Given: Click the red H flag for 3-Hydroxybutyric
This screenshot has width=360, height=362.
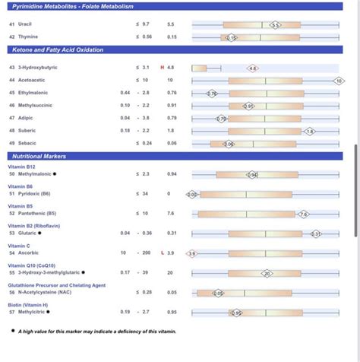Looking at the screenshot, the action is click(x=161, y=68).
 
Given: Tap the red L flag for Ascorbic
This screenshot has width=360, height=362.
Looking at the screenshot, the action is click(x=161, y=252).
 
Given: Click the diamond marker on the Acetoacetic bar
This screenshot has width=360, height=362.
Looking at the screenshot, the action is click(x=339, y=80).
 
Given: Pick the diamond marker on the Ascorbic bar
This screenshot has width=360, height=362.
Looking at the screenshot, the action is click(x=191, y=253).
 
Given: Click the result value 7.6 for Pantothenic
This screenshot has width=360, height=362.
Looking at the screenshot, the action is click(x=171, y=214).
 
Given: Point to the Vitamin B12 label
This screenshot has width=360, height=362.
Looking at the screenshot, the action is click(x=22, y=167).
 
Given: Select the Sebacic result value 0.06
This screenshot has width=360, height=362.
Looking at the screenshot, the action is click(x=172, y=143).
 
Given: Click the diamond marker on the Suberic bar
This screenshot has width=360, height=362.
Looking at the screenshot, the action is click(x=309, y=131).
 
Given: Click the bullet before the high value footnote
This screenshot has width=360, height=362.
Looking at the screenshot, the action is click(x=13, y=330).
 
